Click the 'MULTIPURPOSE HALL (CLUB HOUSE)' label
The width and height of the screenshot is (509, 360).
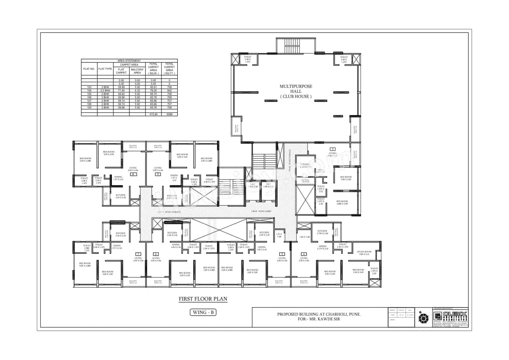coord(296,91)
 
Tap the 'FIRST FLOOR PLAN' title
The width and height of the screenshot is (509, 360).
coord(203,299)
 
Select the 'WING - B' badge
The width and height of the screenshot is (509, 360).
coord(203,312)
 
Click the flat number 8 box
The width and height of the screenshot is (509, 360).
coord(134,174)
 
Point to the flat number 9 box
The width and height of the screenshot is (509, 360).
coord(158,174)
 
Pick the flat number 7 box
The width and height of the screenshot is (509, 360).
coord(138,254)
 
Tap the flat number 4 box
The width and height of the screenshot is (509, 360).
coord(304,254)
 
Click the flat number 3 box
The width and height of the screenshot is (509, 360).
coord(332,149)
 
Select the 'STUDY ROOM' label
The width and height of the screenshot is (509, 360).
coord(365,252)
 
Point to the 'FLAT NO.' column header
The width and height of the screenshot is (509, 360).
coord(89,69)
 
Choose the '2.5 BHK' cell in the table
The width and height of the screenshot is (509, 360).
coord(105,91)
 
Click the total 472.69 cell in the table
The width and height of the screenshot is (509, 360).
coord(153,114)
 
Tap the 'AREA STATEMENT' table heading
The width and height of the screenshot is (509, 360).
coord(129,60)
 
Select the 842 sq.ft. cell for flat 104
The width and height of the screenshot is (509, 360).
coord(170,91)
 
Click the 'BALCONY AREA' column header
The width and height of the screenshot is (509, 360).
coord(137,71)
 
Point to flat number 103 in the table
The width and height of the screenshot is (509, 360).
coord(89,86)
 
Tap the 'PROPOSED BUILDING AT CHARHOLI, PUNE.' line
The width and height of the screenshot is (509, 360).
coord(319,314)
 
